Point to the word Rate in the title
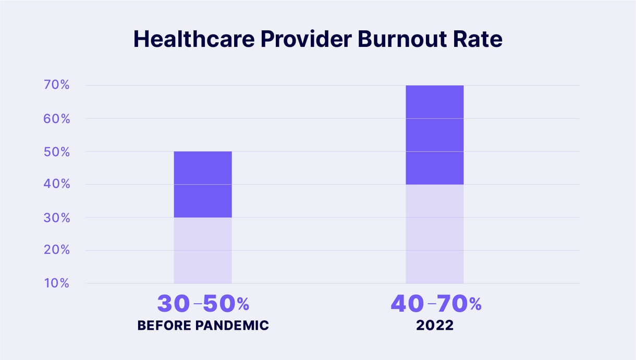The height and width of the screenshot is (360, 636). [479, 40]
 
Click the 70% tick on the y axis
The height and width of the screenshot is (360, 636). [55, 85]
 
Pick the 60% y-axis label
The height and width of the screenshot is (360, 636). [55, 118]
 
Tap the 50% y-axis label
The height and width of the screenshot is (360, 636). [55, 152]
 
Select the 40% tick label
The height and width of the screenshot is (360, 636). [55, 184]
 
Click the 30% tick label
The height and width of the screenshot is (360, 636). [55, 217]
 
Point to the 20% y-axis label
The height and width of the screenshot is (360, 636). [55, 251]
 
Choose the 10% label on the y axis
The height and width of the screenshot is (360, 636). [55, 283]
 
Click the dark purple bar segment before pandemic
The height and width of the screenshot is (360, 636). [203, 184]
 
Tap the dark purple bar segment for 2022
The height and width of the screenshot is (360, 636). [434, 135]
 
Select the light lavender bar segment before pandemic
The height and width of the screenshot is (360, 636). [203, 251]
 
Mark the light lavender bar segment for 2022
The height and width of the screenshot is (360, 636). [434, 234]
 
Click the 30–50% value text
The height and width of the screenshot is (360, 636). [203, 304]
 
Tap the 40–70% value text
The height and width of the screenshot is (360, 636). [436, 304]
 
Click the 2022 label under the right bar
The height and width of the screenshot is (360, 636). [435, 326]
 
